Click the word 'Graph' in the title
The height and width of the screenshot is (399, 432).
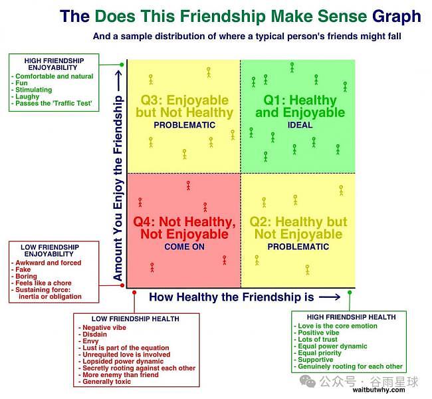[x=397, y=17]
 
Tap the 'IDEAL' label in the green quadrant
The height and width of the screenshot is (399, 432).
[x=300, y=125]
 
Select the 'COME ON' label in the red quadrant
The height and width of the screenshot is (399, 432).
[x=184, y=247]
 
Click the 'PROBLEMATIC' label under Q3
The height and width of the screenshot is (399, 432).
[x=184, y=125]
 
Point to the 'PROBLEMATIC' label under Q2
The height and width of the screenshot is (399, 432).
[x=298, y=247]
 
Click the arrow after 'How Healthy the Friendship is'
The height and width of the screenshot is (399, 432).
[x=330, y=297]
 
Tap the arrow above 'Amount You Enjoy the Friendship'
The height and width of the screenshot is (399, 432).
[x=118, y=80]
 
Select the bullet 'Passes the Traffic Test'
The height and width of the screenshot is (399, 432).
[x=53, y=103]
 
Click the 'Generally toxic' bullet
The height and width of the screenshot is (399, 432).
[x=106, y=382]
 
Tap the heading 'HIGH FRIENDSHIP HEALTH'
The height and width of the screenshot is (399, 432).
[x=352, y=317]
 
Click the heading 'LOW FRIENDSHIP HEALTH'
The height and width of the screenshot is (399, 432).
[x=136, y=319]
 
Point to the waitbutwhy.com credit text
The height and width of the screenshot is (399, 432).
[x=379, y=390]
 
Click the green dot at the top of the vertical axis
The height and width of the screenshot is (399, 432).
[x=122, y=65]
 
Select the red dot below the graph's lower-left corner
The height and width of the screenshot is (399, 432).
[x=134, y=293]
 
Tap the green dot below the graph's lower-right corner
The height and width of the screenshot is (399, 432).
[x=350, y=293]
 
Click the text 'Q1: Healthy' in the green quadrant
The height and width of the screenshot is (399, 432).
[x=300, y=100]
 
